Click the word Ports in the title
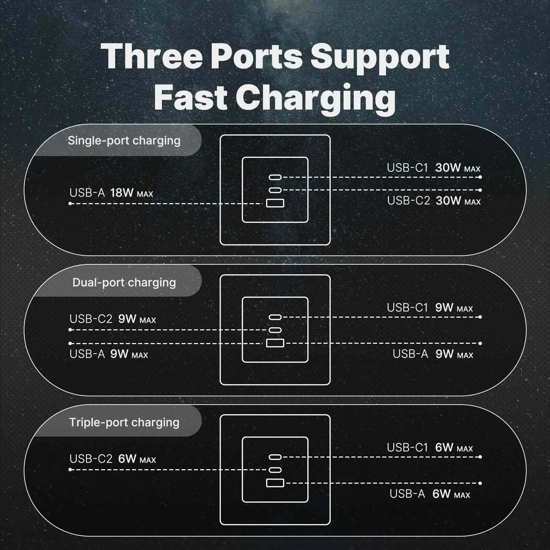tap(256, 57)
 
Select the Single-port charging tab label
tap(124, 141)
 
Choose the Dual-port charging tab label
tap(124, 283)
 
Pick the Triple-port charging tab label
tap(124, 422)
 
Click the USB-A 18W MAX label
tap(111, 193)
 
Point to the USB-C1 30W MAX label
tap(433, 168)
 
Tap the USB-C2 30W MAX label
tap(434, 200)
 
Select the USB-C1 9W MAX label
tap(430, 308)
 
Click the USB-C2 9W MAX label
tap(112, 319)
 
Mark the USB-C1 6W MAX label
tap(430, 448)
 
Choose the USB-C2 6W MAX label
tap(112, 459)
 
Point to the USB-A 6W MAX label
tap(430, 494)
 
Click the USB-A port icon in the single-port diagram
tap(275, 203)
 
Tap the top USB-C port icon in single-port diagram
tap(275, 177)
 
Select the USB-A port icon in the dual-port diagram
tap(275, 343)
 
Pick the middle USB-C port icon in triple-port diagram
tap(275, 470)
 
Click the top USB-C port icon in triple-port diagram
tap(275, 457)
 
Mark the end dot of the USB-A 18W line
tap(70, 203)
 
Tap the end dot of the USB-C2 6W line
tap(70, 470)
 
